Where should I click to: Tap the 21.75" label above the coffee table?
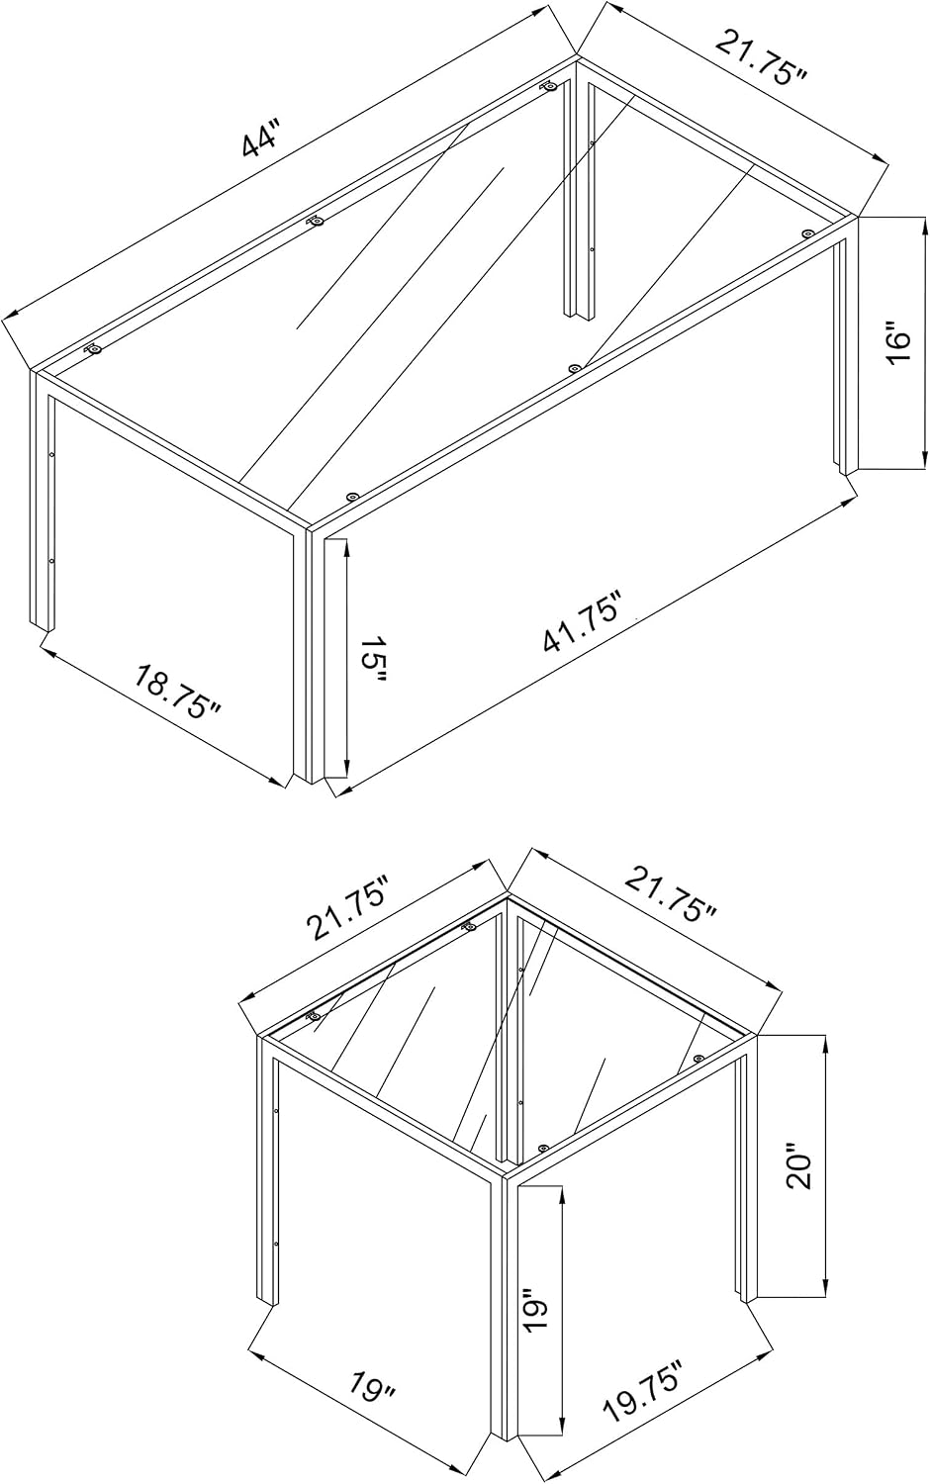[x=763, y=57]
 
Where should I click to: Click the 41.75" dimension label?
[x=583, y=622]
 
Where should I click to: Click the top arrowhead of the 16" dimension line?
[x=924, y=225]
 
